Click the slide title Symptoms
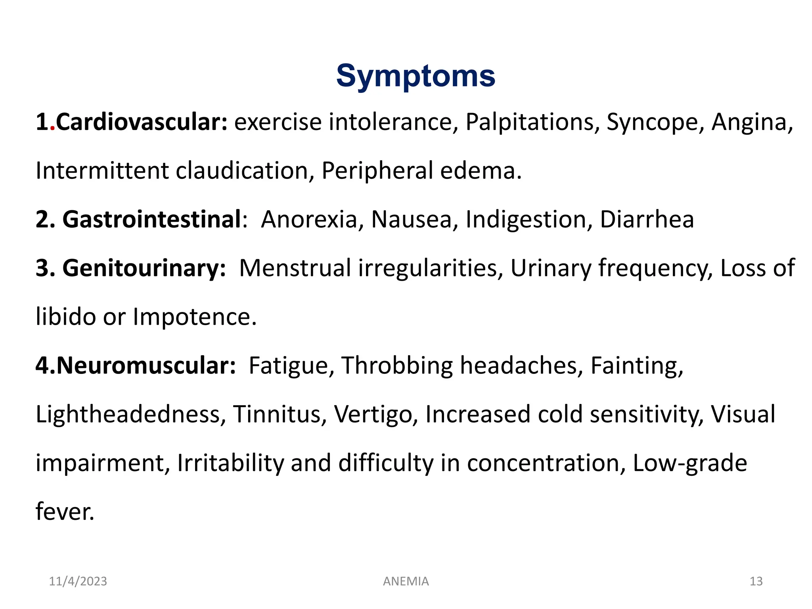coord(416,76)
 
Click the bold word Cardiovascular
coord(142,122)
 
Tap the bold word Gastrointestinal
coord(152,219)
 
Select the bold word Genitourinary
coord(144,268)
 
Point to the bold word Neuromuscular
coord(146,365)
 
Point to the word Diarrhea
coord(647,219)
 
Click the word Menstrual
coord(295,268)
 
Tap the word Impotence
coord(194,317)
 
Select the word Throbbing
coord(397,365)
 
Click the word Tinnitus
coord(280,414)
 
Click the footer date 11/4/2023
coord(78,581)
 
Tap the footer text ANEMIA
coord(406,581)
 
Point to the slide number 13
coord(756,581)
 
